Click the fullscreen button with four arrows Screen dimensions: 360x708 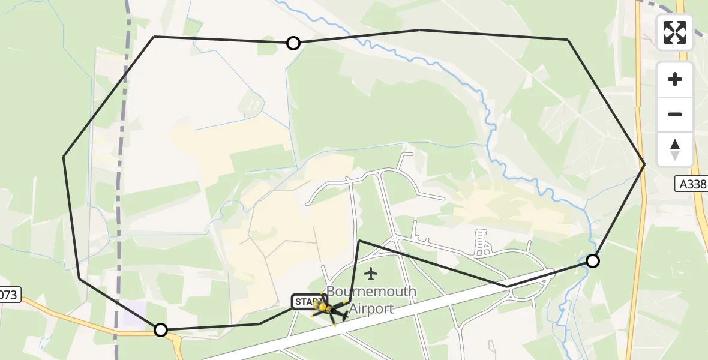tap(675, 32)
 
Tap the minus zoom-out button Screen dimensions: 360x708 tap(675, 115)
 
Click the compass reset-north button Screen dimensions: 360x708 tap(675, 149)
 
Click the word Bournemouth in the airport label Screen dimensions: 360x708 tap(372, 292)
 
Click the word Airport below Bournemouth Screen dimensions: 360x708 tap(371, 309)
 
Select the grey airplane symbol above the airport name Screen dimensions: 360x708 tap(371, 274)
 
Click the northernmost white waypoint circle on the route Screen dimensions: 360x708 tap(293, 43)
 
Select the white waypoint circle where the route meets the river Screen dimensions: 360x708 tap(592, 261)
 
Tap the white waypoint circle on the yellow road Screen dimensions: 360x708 tap(161, 330)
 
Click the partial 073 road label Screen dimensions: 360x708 tap(10, 295)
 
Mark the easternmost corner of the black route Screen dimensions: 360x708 tap(644, 164)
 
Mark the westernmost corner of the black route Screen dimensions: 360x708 tap(64, 157)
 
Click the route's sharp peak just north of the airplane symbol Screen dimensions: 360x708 tap(359, 241)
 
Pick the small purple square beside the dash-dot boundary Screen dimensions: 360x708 tap(134, 313)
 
